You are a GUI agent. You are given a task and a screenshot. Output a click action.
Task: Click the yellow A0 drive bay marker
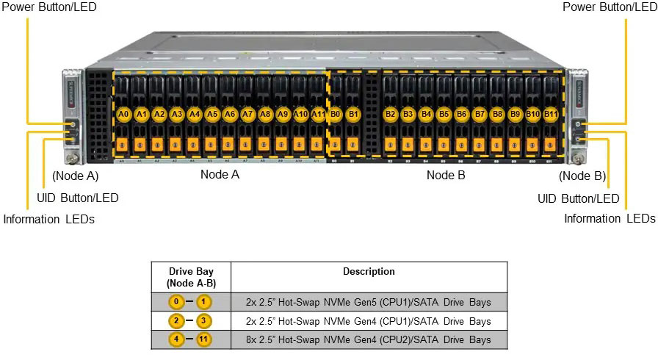pos(123,115)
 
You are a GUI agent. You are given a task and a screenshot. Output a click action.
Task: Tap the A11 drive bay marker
pos(318,115)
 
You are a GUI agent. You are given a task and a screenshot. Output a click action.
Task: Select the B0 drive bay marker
pos(336,115)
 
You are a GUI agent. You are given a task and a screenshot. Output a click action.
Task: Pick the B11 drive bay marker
pos(551,115)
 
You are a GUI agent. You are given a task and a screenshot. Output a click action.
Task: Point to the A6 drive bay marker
pos(230,115)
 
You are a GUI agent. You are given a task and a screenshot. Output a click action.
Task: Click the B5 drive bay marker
pos(444,115)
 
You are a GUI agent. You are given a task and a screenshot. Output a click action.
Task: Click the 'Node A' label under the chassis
pos(220,175)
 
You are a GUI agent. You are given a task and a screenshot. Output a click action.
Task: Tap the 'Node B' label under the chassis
pos(446,175)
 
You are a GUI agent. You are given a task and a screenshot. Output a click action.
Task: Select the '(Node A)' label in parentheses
pos(75,176)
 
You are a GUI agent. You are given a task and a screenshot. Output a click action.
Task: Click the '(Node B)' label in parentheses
pos(582,176)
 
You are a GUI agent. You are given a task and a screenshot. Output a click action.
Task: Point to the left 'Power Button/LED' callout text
pos(48,7)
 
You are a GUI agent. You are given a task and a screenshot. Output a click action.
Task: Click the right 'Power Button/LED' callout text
pos(610,7)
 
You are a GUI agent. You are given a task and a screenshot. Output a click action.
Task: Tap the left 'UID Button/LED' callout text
pos(77,198)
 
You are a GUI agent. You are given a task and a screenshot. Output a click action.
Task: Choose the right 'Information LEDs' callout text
pos(610,218)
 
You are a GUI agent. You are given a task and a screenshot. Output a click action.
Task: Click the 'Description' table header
pos(369,271)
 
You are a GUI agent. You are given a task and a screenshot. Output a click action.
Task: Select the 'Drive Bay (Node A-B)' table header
pos(191,277)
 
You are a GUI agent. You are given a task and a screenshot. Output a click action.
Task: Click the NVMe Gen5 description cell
pos(369,302)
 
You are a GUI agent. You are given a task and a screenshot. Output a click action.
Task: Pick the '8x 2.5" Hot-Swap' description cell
pos(369,340)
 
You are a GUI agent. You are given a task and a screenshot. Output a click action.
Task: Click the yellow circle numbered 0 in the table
pos(176,302)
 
